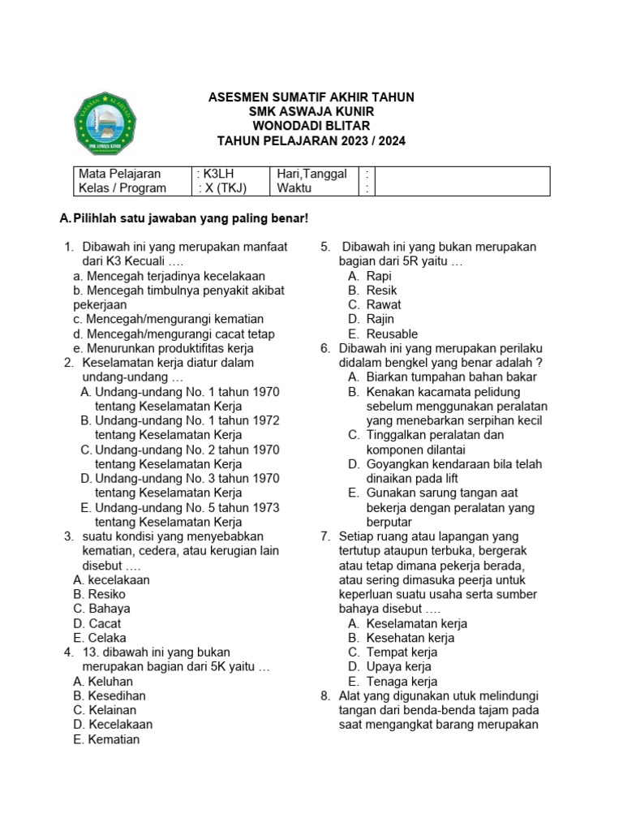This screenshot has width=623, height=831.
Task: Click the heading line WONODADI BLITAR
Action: click(311, 126)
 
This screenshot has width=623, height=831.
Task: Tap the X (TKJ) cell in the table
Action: click(221, 188)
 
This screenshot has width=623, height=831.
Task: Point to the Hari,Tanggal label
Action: click(311, 174)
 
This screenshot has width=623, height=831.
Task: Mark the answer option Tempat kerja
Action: click(402, 652)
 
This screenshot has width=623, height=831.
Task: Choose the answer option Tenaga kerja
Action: click(402, 682)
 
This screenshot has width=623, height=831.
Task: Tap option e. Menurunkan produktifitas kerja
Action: click(160, 348)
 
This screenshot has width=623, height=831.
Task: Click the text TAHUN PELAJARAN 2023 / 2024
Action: click(311, 140)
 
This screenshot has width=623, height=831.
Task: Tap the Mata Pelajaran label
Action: click(120, 174)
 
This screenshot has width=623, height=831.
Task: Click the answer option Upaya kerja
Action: click(398, 667)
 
